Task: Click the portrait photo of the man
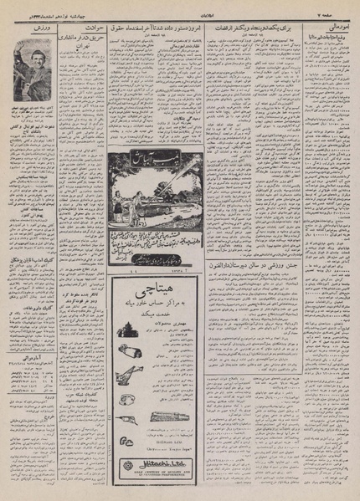coord(31,66)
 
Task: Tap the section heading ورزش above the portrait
coord(28,29)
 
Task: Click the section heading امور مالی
coord(339,28)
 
